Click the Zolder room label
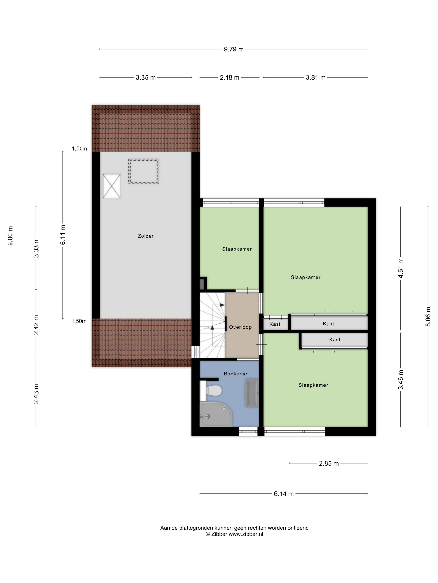tap(145, 236)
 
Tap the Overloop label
tap(240, 327)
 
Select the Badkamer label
tap(236, 374)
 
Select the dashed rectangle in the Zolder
tap(144, 171)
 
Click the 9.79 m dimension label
tap(234, 49)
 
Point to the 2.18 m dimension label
tap(229, 77)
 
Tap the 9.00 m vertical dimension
tap(10, 236)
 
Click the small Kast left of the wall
tap(275, 324)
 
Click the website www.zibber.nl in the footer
tap(245, 534)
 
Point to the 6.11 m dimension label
tap(63, 235)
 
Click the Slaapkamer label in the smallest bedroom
tap(237, 249)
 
